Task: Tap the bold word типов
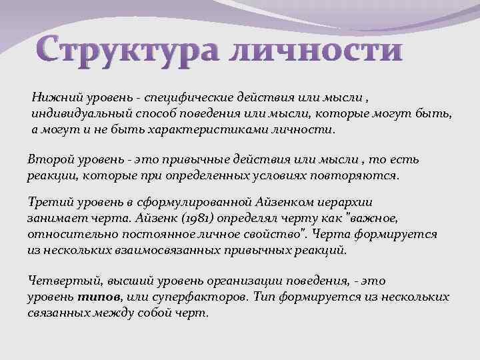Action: tap(99, 297)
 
